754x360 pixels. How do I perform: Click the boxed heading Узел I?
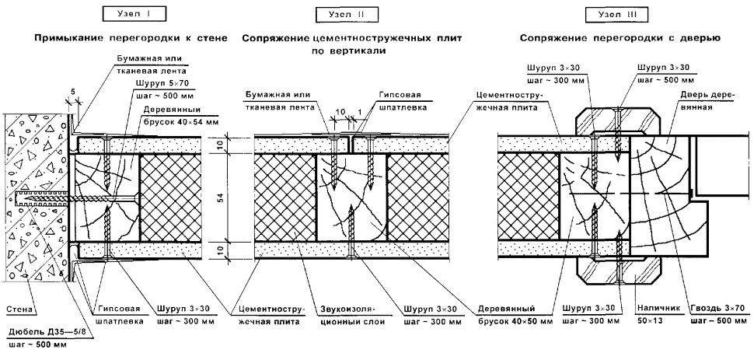[126, 14]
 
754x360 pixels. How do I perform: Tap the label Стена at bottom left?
[19, 310]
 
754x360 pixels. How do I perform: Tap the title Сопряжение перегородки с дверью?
[619, 37]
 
